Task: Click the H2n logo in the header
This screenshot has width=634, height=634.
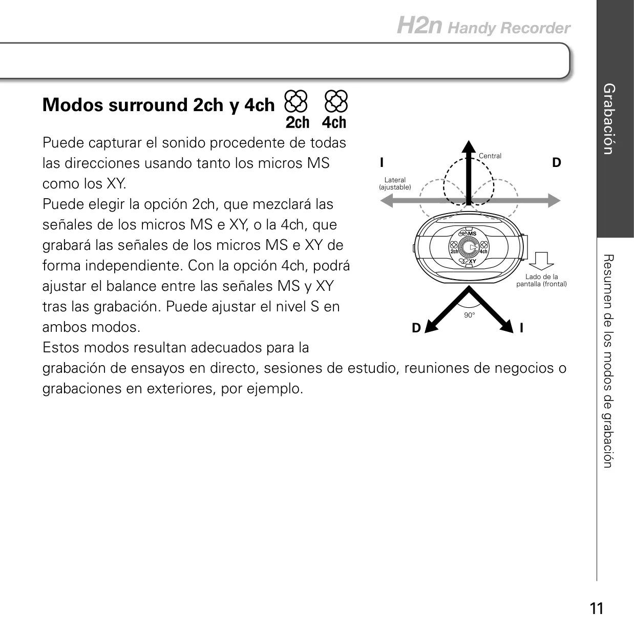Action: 419,25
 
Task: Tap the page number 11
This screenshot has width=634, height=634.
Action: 597,608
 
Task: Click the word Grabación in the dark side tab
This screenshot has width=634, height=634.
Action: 609,119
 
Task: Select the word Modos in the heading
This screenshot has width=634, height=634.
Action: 73,104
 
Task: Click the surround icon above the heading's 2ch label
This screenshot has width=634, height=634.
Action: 296,101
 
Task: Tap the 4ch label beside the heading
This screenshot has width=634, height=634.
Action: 334,122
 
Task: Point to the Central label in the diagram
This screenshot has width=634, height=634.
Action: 490,156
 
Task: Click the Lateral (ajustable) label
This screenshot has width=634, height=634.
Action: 395,183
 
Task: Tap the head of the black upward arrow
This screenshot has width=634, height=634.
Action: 469,146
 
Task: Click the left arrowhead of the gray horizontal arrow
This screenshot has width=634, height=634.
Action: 387,200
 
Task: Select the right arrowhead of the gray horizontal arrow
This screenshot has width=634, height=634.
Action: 555,200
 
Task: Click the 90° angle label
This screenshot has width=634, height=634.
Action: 470,315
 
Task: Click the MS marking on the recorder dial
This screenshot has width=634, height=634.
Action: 472,234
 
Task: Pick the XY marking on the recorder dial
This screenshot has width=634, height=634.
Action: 473,261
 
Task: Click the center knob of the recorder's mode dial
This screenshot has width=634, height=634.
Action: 469,247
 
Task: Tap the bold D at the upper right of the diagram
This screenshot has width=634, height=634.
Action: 556,162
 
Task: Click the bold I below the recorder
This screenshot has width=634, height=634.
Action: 521,328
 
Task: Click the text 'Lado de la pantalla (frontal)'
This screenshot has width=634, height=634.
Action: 541,280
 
